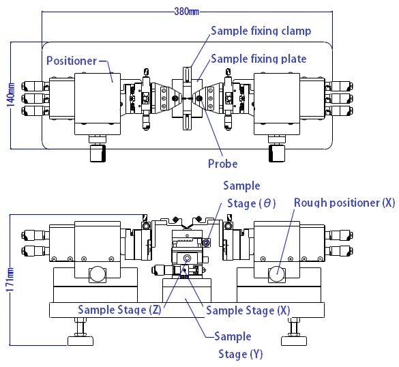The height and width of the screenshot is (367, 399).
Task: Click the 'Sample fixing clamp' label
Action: pos(261,31)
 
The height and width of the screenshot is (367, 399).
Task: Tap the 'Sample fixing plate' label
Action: pos(258,59)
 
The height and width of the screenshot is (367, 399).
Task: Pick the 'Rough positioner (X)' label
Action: pos(344,203)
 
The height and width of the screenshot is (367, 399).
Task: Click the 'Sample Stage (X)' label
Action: pos(248,310)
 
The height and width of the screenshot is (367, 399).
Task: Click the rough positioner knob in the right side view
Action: pos(276,274)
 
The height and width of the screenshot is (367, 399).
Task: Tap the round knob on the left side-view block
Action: pos(98,274)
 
